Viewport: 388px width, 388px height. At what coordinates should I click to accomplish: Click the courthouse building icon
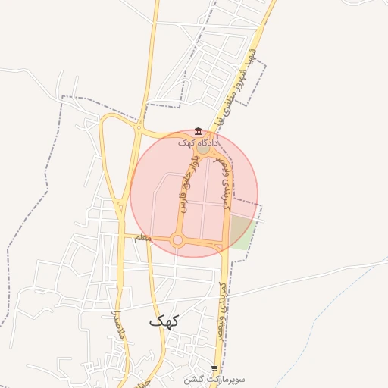tap(199, 131)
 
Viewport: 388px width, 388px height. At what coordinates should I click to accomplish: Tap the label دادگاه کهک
tap(199, 142)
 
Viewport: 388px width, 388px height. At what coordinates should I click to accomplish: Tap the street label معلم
tap(142, 239)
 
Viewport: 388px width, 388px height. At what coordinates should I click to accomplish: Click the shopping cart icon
tap(214, 368)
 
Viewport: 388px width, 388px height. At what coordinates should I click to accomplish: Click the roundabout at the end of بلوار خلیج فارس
tap(178, 240)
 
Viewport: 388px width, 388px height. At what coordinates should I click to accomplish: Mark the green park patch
tap(241, 232)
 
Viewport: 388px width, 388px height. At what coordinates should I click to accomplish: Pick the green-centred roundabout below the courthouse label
tap(205, 150)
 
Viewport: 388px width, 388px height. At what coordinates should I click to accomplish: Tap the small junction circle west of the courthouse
tap(139, 130)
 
